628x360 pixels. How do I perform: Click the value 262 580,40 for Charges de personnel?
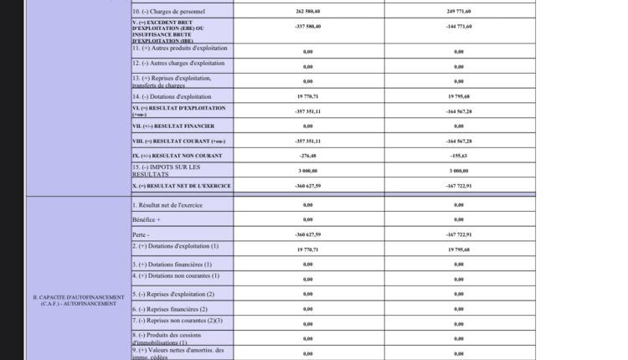tap(308, 13)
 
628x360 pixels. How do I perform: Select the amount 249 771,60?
tap(459, 13)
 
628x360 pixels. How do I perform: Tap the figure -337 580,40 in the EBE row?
tap(308, 26)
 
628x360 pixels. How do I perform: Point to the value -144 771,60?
tap(459, 26)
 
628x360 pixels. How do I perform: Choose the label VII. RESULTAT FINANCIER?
tap(167, 126)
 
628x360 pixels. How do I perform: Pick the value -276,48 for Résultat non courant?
tap(308, 156)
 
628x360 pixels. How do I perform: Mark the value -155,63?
tap(459, 156)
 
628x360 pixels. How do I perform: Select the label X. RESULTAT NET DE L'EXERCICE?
tap(181, 185)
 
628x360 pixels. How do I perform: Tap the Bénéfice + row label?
tap(147, 219)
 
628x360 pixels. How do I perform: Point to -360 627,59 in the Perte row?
tap(308, 235)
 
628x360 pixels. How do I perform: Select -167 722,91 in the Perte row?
tap(459, 235)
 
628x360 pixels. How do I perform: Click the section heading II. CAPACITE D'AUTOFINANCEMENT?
tap(79, 300)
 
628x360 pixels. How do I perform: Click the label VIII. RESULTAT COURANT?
tap(178, 141)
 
